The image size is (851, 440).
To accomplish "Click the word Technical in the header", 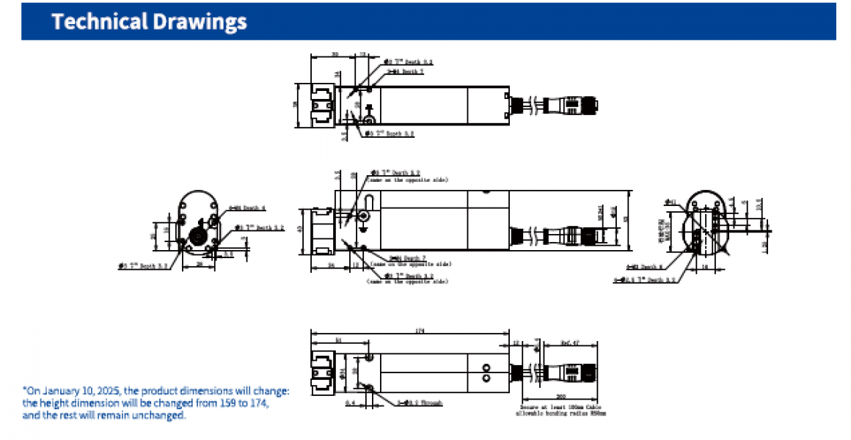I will click(98, 22).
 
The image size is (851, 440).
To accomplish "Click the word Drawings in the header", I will click(197, 22).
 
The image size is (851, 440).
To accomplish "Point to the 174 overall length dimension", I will click(420, 331).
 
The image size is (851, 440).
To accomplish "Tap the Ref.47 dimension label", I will click(570, 342).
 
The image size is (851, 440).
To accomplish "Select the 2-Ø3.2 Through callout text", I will click(420, 403).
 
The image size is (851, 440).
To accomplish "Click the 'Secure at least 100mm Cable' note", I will click(555, 406).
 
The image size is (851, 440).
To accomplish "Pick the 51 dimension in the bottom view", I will click(337, 340).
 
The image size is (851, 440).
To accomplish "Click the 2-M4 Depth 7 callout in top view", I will click(407, 72).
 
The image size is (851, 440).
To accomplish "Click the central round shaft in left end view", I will click(197, 236).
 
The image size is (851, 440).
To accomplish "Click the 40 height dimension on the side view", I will click(300, 230).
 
